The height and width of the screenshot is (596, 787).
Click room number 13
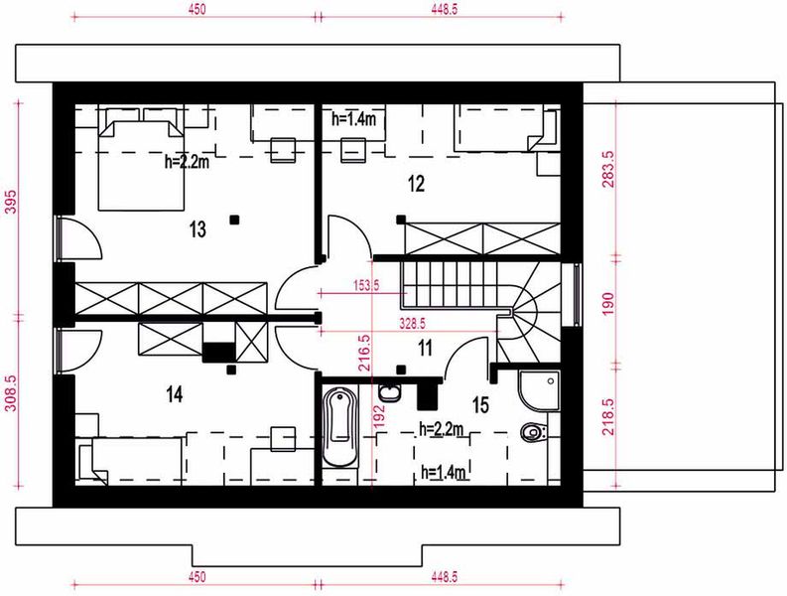197,230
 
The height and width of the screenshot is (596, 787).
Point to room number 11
425,348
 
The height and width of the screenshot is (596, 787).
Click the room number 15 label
480,404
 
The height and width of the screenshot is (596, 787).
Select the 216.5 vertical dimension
363,351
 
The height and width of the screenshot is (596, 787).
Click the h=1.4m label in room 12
351,119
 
